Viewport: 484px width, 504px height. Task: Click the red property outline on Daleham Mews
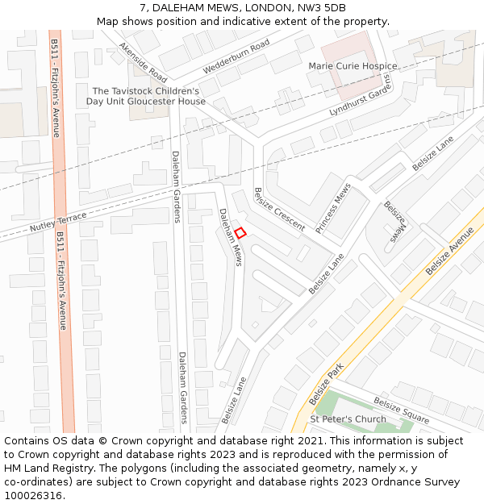tap(240, 233)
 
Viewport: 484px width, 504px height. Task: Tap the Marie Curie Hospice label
tap(353, 66)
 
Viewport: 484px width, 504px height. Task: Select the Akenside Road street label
tap(143, 63)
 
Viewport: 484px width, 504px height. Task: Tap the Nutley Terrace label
tap(58, 223)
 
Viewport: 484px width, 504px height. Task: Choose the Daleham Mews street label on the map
tap(231, 236)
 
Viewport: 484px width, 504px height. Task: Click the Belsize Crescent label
tap(279, 209)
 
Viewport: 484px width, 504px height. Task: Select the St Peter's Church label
tap(348, 420)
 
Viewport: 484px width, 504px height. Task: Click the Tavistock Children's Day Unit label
tap(146, 97)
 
